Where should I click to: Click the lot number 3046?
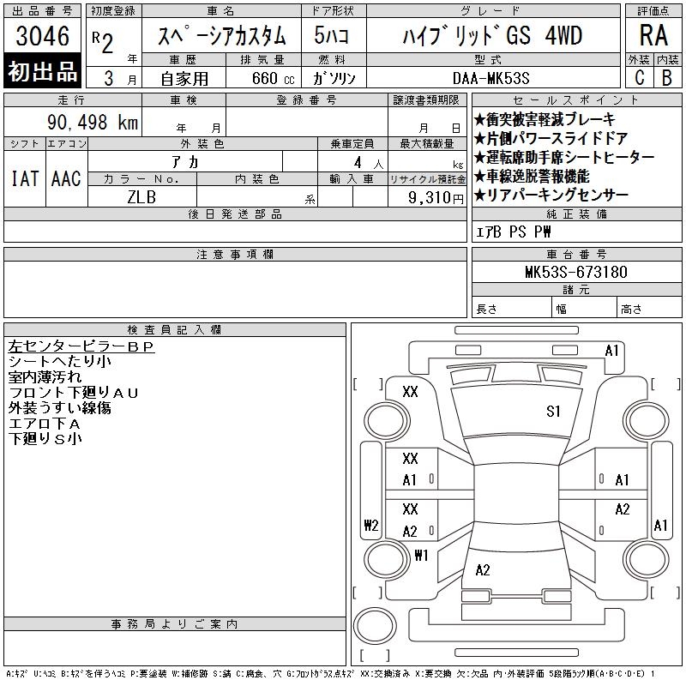(x=43, y=35)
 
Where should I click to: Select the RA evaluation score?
(x=653, y=35)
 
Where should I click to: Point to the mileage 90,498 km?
(x=93, y=123)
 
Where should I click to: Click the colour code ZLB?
(x=142, y=196)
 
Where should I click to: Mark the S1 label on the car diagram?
(x=553, y=412)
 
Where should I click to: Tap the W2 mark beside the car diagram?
(x=370, y=526)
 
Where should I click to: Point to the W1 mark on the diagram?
(x=420, y=555)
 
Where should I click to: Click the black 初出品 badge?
(x=43, y=72)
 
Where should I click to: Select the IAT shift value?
(x=24, y=179)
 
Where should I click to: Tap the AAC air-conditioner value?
(x=66, y=179)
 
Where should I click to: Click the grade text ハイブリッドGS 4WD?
(x=493, y=36)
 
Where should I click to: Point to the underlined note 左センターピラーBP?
(x=81, y=347)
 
